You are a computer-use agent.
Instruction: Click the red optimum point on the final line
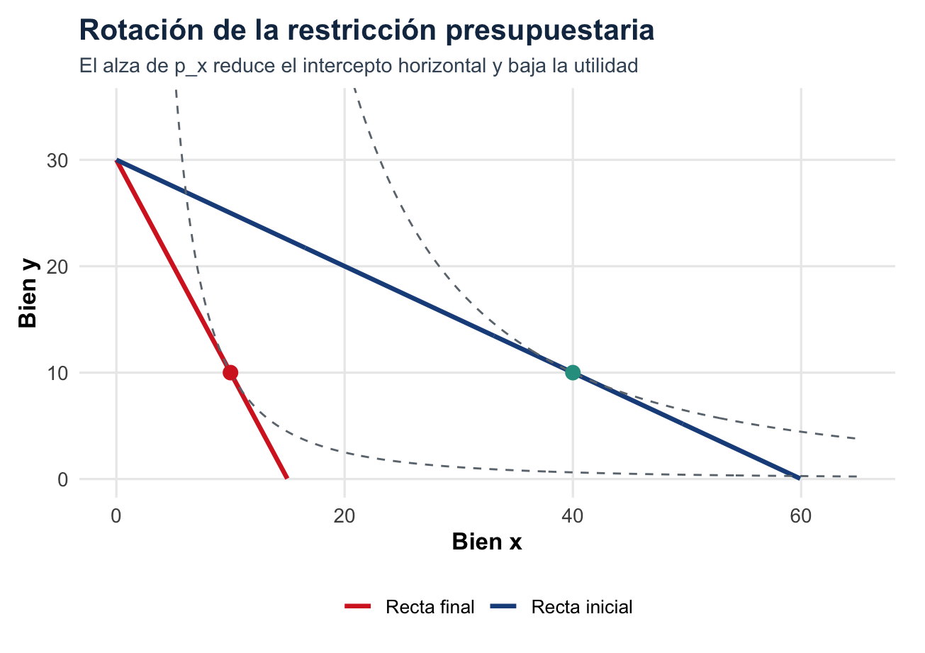(230, 372)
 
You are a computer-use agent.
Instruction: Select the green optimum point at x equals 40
(573, 372)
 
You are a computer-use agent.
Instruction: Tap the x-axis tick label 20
(344, 515)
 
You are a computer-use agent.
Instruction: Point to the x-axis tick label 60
(801, 515)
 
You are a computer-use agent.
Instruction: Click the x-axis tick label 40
(573, 515)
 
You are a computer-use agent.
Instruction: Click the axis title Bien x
(487, 542)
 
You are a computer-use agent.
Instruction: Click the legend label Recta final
(430, 607)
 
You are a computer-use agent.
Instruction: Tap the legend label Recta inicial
(581, 607)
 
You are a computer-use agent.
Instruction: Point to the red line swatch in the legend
(358, 607)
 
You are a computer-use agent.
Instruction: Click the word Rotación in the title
(134, 31)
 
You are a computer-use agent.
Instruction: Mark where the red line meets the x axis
(286, 478)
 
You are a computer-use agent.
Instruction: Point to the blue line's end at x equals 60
(800, 478)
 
